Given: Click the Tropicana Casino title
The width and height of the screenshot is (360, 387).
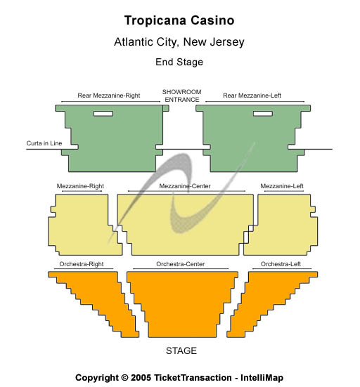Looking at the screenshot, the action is coord(179,20).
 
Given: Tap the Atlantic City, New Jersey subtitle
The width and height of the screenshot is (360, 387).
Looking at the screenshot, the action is coord(179,41).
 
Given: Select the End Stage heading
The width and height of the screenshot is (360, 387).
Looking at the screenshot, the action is coord(179,62).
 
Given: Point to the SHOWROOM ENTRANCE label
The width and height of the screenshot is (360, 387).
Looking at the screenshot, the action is coord(182,96).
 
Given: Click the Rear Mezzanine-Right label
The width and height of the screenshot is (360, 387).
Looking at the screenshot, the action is coord(109,96).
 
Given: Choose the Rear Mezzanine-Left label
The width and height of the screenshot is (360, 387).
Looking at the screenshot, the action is coord(252,96).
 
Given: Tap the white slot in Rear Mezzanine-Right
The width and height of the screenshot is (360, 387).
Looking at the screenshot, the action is coord(103,114).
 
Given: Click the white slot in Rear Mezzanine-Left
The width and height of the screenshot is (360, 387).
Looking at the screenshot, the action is coord(263,114).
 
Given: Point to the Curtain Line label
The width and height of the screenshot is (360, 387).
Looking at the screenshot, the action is coord(44,143).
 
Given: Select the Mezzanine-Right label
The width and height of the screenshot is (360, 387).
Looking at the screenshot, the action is coord(80,186).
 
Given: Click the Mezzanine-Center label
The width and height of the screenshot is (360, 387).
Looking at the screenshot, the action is coord(185,186).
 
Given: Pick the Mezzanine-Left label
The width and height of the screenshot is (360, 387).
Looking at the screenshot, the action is coord(282,186).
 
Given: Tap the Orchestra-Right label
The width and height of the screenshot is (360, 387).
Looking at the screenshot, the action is coord(82,264).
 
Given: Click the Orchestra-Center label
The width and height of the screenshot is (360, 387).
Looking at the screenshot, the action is coord(181,264).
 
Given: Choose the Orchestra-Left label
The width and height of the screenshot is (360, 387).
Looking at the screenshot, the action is coord(281,264).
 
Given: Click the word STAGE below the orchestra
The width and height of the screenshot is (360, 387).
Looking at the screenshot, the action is coord(181,350).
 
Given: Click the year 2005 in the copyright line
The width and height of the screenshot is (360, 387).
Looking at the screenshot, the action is coord(141,378).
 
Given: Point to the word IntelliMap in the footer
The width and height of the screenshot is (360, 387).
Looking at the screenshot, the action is coord(262,378).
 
